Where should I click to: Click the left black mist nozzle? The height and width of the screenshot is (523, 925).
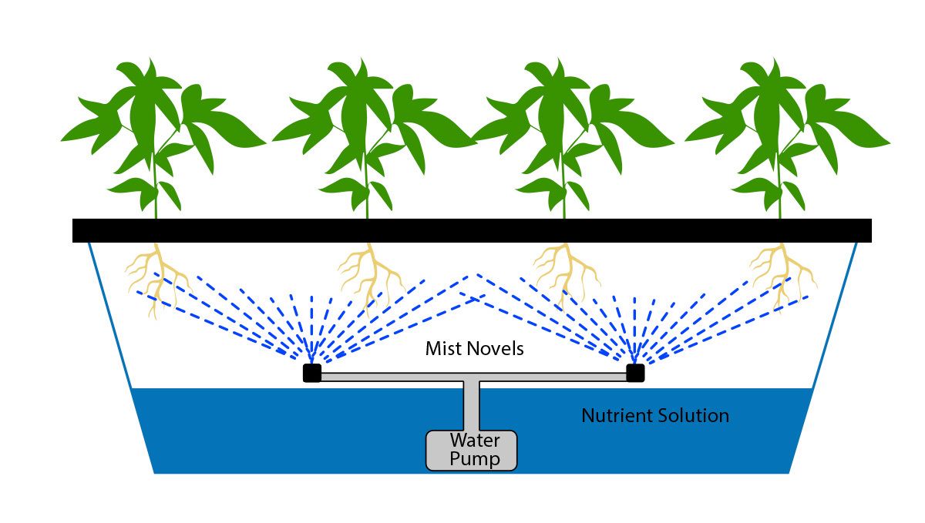coord(311,374)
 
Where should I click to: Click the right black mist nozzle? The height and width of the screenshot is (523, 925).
coord(635,374)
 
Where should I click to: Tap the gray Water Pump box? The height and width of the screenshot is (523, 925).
coord(471,450)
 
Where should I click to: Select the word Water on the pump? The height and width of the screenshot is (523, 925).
coord(475,441)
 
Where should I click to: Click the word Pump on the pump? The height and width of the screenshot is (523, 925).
coord(475,460)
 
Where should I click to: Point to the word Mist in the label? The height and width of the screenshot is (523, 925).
coord(442,349)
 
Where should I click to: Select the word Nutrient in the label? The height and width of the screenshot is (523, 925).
coord(617,416)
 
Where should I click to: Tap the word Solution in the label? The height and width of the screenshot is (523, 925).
coord(692,416)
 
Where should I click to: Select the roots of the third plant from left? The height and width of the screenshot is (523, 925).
coord(567,273)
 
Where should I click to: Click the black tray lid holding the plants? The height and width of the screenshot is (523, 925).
coord(472,230)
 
